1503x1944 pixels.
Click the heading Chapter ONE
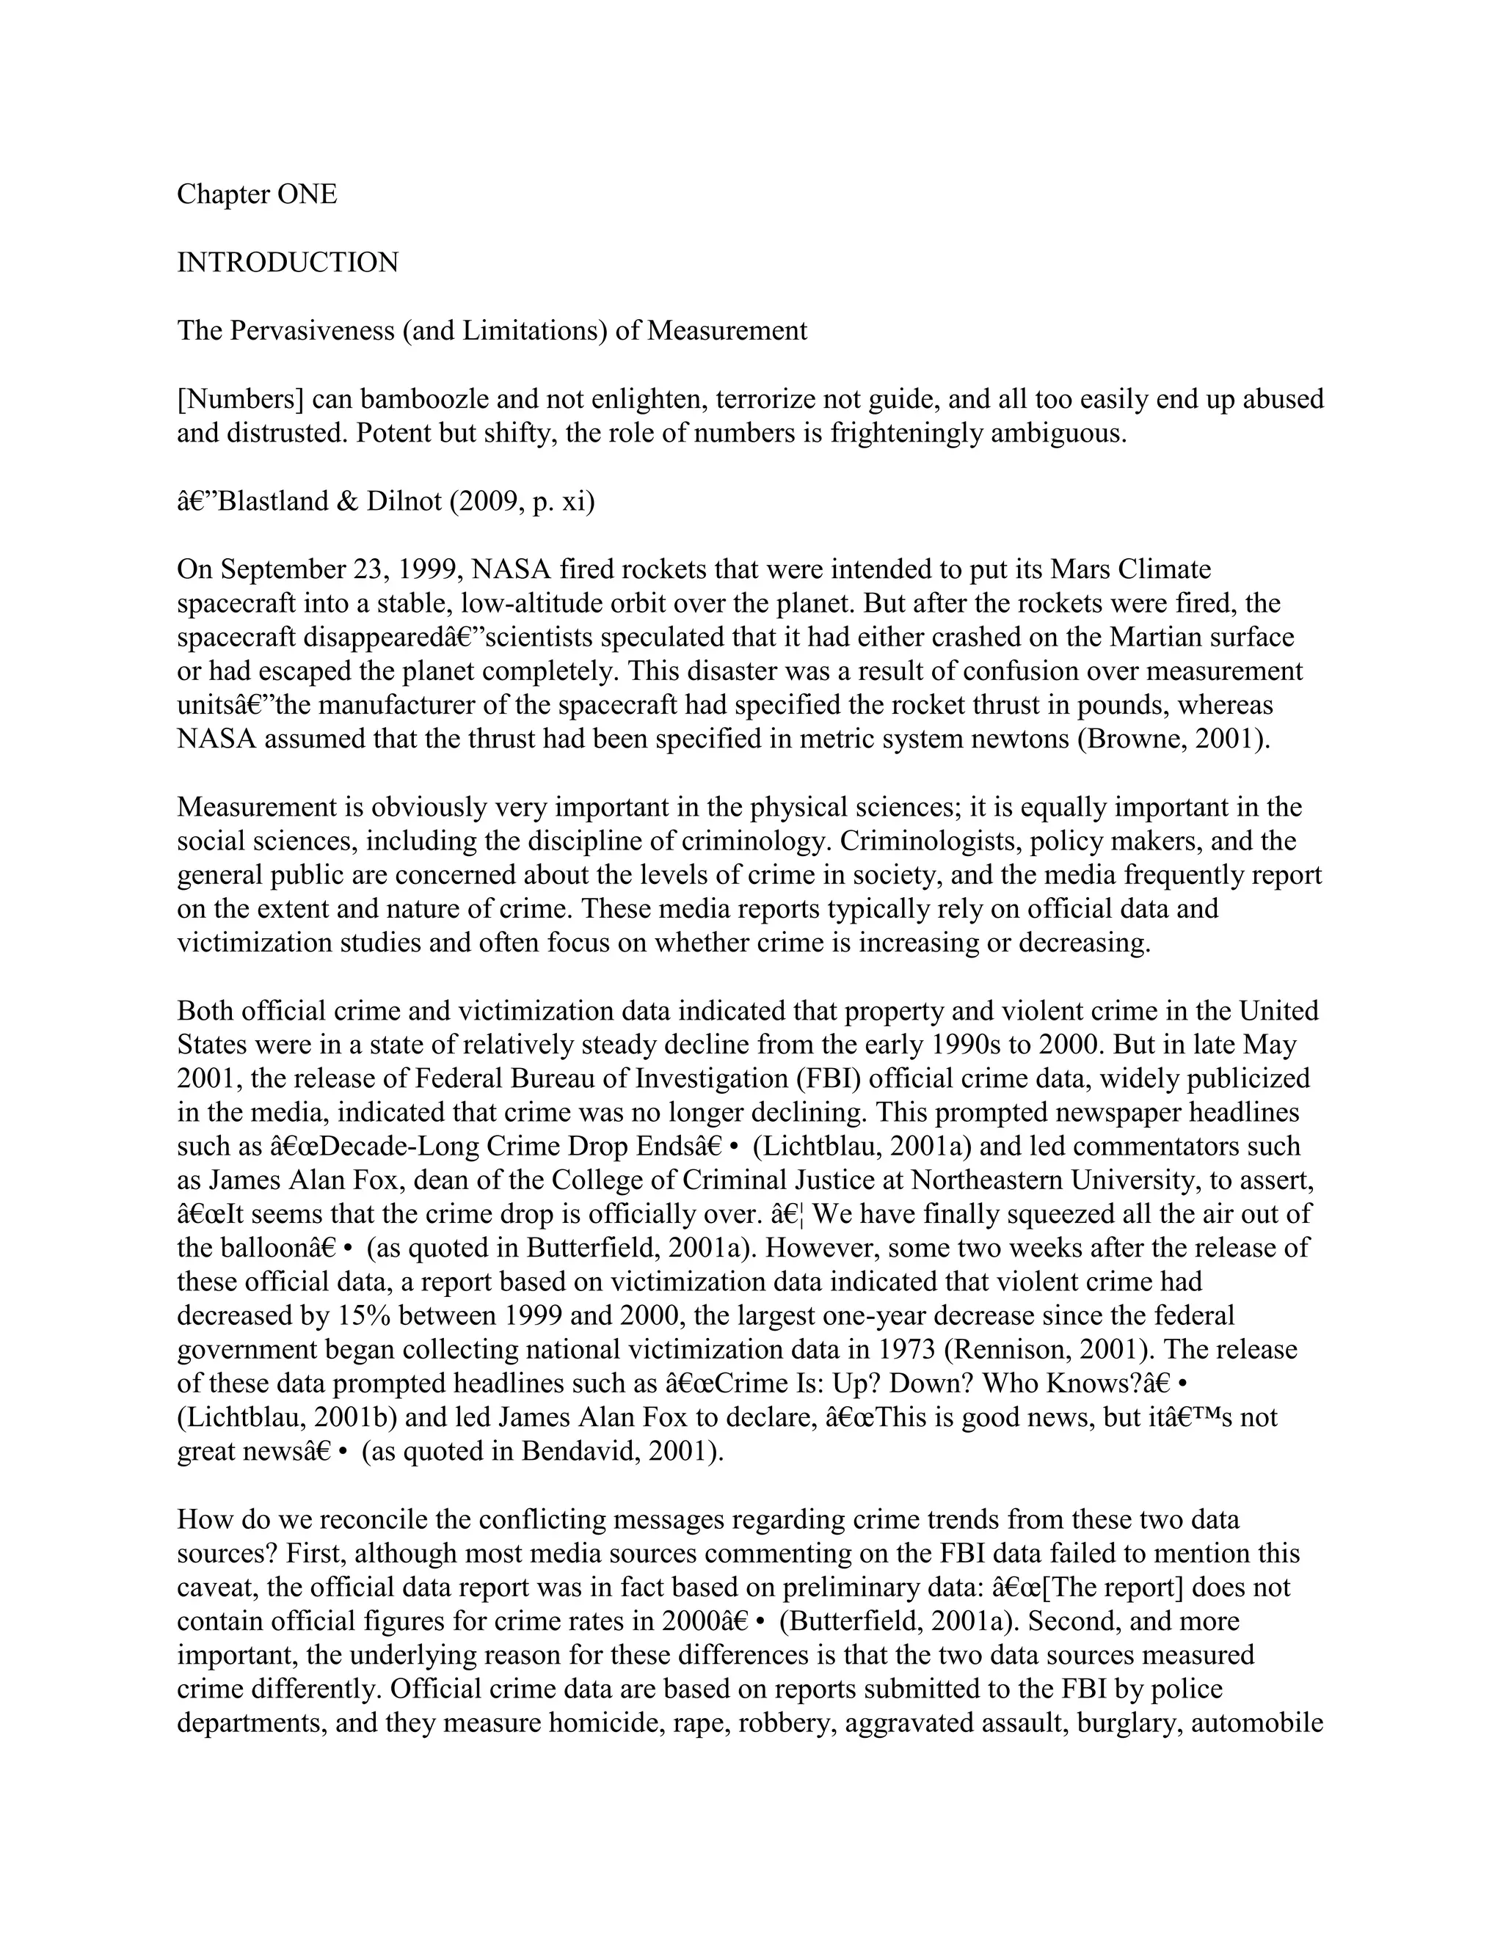256,194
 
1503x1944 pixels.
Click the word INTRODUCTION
288,263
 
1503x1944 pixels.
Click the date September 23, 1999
319,569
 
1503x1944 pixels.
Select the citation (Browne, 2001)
1173,739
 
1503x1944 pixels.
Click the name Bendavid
580,1452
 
